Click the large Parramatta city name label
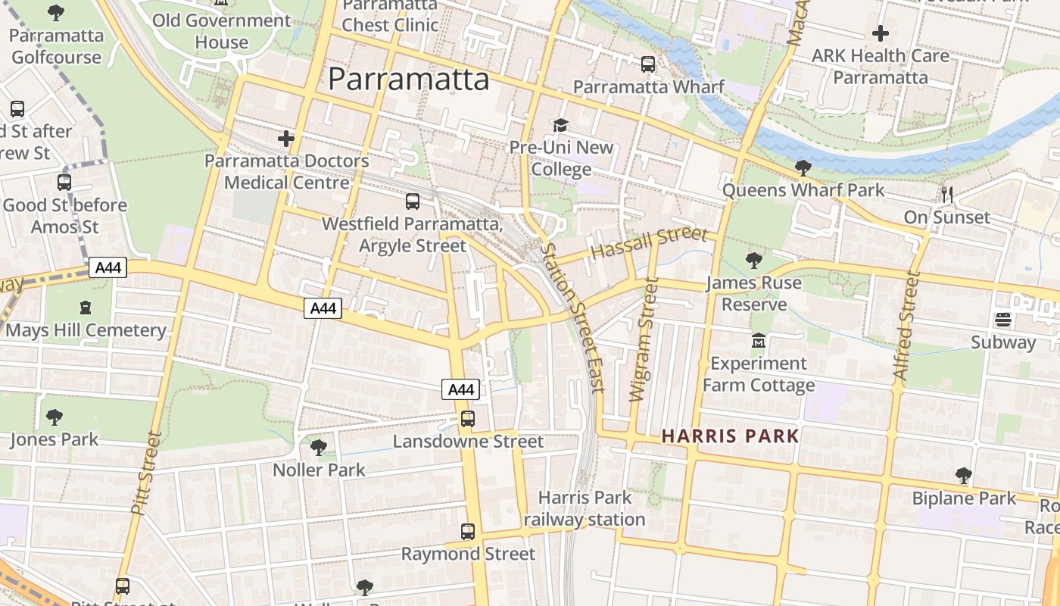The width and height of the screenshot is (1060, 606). click(409, 80)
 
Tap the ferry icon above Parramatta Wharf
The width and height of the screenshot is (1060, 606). click(648, 64)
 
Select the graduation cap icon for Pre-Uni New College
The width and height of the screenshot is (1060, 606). click(560, 125)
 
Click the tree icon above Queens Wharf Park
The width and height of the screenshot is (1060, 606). click(803, 167)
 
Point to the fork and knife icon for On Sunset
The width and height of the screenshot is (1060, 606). click(946, 194)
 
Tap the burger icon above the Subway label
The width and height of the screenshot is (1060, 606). click(1003, 320)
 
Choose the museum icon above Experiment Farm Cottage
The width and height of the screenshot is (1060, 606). click(759, 341)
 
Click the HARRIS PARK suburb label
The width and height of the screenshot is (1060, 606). click(730, 436)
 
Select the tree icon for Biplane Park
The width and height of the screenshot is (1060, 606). click(963, 476)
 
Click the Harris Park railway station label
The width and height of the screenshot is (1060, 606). click(585, 508)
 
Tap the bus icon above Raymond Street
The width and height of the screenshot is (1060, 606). click(468, 532)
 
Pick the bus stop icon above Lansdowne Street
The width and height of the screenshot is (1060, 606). click(468, 419)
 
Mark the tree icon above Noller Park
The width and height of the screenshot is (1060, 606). click(319, 448)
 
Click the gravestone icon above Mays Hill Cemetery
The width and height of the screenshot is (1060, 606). click(85, 308)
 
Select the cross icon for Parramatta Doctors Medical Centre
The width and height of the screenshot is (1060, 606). click(286, 139)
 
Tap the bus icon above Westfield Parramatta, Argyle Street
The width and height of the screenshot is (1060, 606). click(413, 201)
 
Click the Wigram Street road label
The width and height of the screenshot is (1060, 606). click(642, 339)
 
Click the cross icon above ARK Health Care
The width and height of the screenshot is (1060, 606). click(880, 33)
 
